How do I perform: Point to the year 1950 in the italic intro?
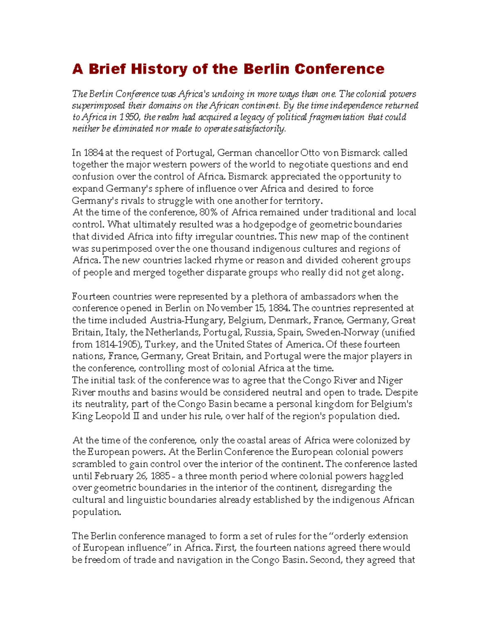click(130, 117)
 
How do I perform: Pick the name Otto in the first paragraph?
click(310, 153)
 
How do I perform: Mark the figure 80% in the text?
click(208, 213)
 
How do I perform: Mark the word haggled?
click(386, 476)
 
